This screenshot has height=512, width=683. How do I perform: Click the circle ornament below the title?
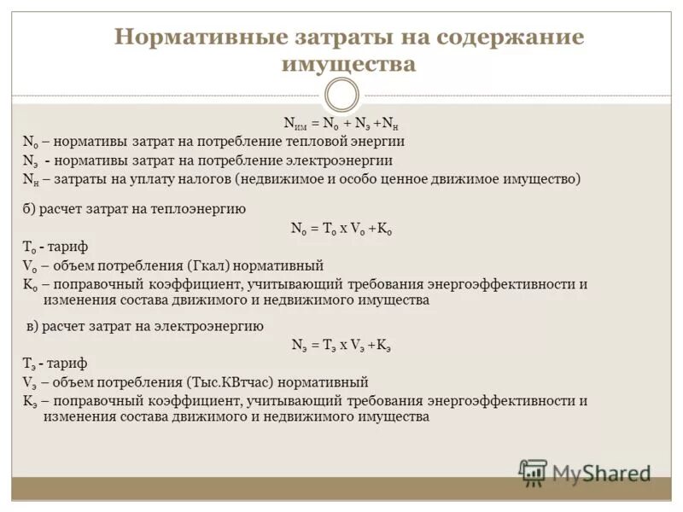(341, 95)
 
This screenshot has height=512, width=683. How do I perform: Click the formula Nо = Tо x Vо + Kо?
(341, 228)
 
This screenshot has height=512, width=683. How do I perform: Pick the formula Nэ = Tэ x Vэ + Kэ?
(341, 345)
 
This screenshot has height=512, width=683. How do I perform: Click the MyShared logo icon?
(534, 473)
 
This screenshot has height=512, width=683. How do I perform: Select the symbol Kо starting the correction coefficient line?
(30, 285)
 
